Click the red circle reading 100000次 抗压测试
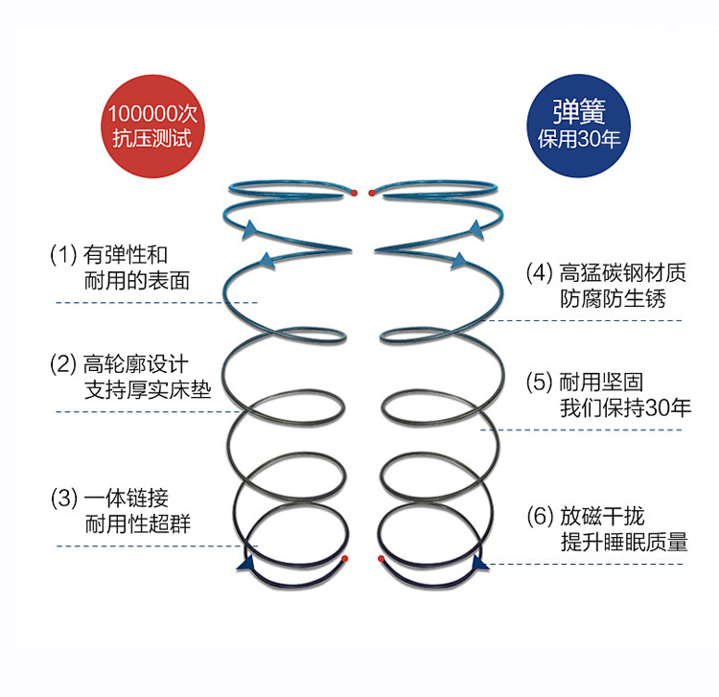point(152,127)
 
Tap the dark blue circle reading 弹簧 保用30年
point(578,126)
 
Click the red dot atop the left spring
point(354,193)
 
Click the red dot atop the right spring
point(371,193)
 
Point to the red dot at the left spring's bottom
point(345,559)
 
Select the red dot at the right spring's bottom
point(381,559)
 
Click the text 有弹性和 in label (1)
point(126,254)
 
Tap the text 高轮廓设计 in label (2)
point(136,364)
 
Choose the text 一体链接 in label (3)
point(127,498)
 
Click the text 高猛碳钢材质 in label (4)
point(623,272)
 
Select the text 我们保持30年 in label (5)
point(625,407)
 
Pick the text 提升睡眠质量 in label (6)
point(624,542)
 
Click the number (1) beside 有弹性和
point(63,255)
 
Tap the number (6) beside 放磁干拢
point(540,517)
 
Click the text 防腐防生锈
point(613,298)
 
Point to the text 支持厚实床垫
point(148,390)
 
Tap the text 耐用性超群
point(137,524)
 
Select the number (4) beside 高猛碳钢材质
point(540,272)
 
